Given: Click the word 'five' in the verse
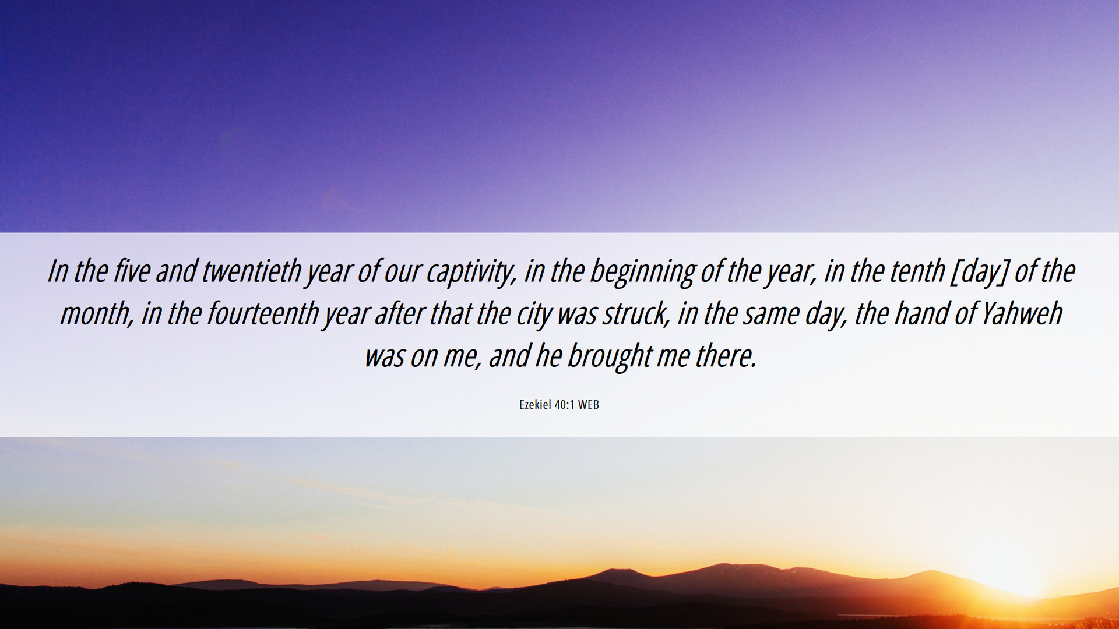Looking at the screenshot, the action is (x=132, y=271).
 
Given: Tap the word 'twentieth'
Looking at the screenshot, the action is (x=252, y=271).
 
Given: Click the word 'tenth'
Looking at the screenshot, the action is (x=917, y=271).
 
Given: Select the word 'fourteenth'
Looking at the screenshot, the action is (x=263, y=314).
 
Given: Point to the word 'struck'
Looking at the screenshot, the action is (x=635, y=314).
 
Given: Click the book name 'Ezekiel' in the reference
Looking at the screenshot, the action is (x=535, y=405).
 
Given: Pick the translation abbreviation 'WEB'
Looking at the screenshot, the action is (x=589, y=405).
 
